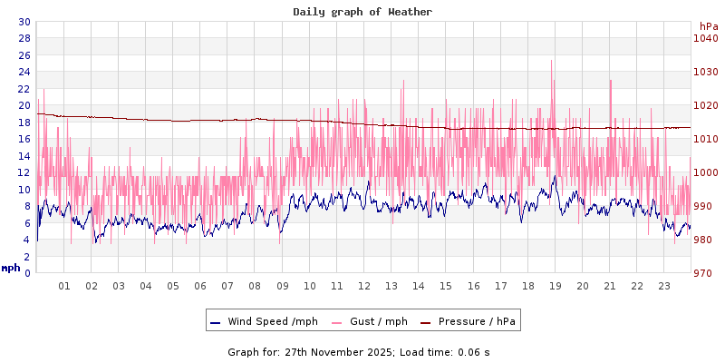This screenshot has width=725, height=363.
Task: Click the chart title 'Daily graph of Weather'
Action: (362, 12)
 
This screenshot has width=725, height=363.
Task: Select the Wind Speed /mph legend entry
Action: (264, 321)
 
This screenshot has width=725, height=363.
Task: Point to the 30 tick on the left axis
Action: (24, 22)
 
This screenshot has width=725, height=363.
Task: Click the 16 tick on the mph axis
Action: (24, 139)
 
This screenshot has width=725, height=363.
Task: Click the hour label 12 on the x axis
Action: (364, 286)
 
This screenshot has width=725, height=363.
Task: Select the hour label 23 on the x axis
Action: (663, 286)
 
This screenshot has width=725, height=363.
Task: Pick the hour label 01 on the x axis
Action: (64, 286)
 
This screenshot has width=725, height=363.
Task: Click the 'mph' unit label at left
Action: (11, 268)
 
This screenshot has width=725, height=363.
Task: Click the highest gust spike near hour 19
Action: (551, 62)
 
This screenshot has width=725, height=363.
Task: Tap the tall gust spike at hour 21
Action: (610, 80)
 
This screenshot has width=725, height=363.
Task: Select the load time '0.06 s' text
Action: (473, 352)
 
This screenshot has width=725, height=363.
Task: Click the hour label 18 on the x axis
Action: (527, 286)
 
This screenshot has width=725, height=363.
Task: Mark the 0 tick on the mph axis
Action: (27, 273)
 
